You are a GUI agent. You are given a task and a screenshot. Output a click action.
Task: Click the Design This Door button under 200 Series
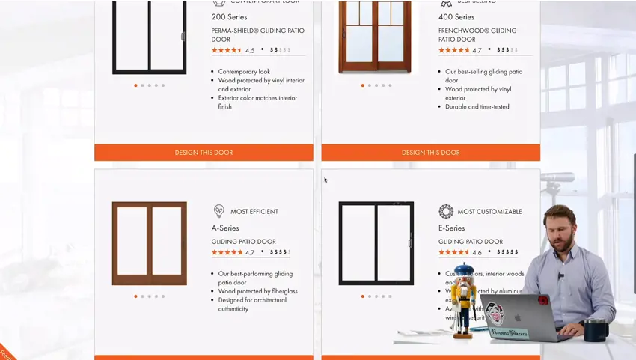[x=204, y=153]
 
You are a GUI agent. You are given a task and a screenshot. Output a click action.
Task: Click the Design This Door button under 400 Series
[x=430, y=153]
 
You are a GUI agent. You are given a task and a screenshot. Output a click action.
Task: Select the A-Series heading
[x=225, y=228]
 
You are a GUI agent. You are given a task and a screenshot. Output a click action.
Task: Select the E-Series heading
[x=451, y=228]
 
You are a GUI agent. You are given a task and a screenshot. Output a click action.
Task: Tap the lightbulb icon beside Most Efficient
[x=219, y=211]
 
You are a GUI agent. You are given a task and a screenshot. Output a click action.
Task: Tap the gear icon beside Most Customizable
[x=446, y=211]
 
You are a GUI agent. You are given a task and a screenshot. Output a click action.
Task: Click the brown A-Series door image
[x=149, y=243]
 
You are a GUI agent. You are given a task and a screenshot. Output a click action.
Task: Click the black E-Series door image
[x=376, y=243]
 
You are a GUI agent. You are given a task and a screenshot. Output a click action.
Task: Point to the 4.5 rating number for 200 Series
[x=250, y=51]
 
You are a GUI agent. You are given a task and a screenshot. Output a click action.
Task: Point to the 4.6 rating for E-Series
[x=477, y=253]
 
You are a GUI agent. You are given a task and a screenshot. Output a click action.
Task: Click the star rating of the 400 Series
[x=453, y=50]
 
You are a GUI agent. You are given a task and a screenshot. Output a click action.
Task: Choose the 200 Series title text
[x=229, y=17]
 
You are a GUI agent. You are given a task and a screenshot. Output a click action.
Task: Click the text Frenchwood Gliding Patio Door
[x=477, y=35]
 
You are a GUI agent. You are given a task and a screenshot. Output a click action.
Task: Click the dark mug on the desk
[x=595, y=329]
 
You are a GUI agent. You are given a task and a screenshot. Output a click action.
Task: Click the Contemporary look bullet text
[x=244, y=72]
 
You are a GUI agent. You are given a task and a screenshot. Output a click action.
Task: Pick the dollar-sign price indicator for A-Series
[x=279, y=252]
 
